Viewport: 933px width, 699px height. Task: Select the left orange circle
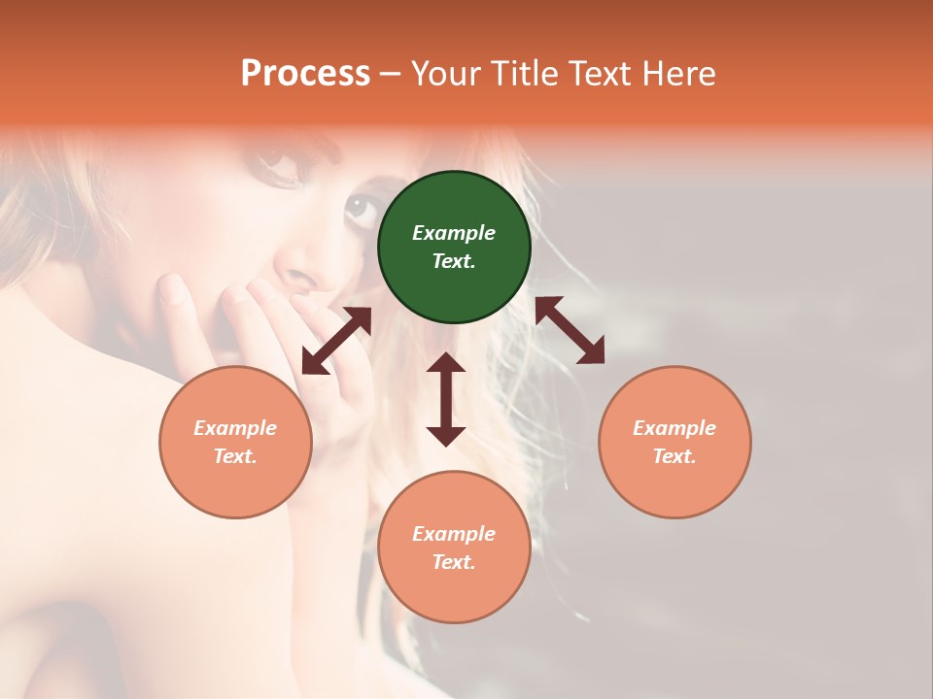pyautogui.click(x=235, y=442)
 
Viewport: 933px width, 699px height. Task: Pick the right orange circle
pyautogui.click(x=674, y=442)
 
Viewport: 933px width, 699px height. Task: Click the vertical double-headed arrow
pyautogui.click(x=446, y=399)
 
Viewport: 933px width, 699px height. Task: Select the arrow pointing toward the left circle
pyautogui.click(x=336, y=341)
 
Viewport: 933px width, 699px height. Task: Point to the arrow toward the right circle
pyautogui.click(x=570, y=330)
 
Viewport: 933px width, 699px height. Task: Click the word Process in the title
pyautogui.click(x=305, y=73)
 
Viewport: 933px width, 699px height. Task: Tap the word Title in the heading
pyautogui.click(x=525, y=73)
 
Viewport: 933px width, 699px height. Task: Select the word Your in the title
pyautogui.click(x=446, y=73)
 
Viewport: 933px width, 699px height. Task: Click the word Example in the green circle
pyautogui.click(x=454, y=233)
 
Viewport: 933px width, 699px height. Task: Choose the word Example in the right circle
pyautogui.click(x=674, y=428)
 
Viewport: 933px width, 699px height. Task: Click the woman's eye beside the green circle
pyautogui.click(x=360, y=206)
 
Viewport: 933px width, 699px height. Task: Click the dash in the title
pyautogui.click(x=391, y=74)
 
